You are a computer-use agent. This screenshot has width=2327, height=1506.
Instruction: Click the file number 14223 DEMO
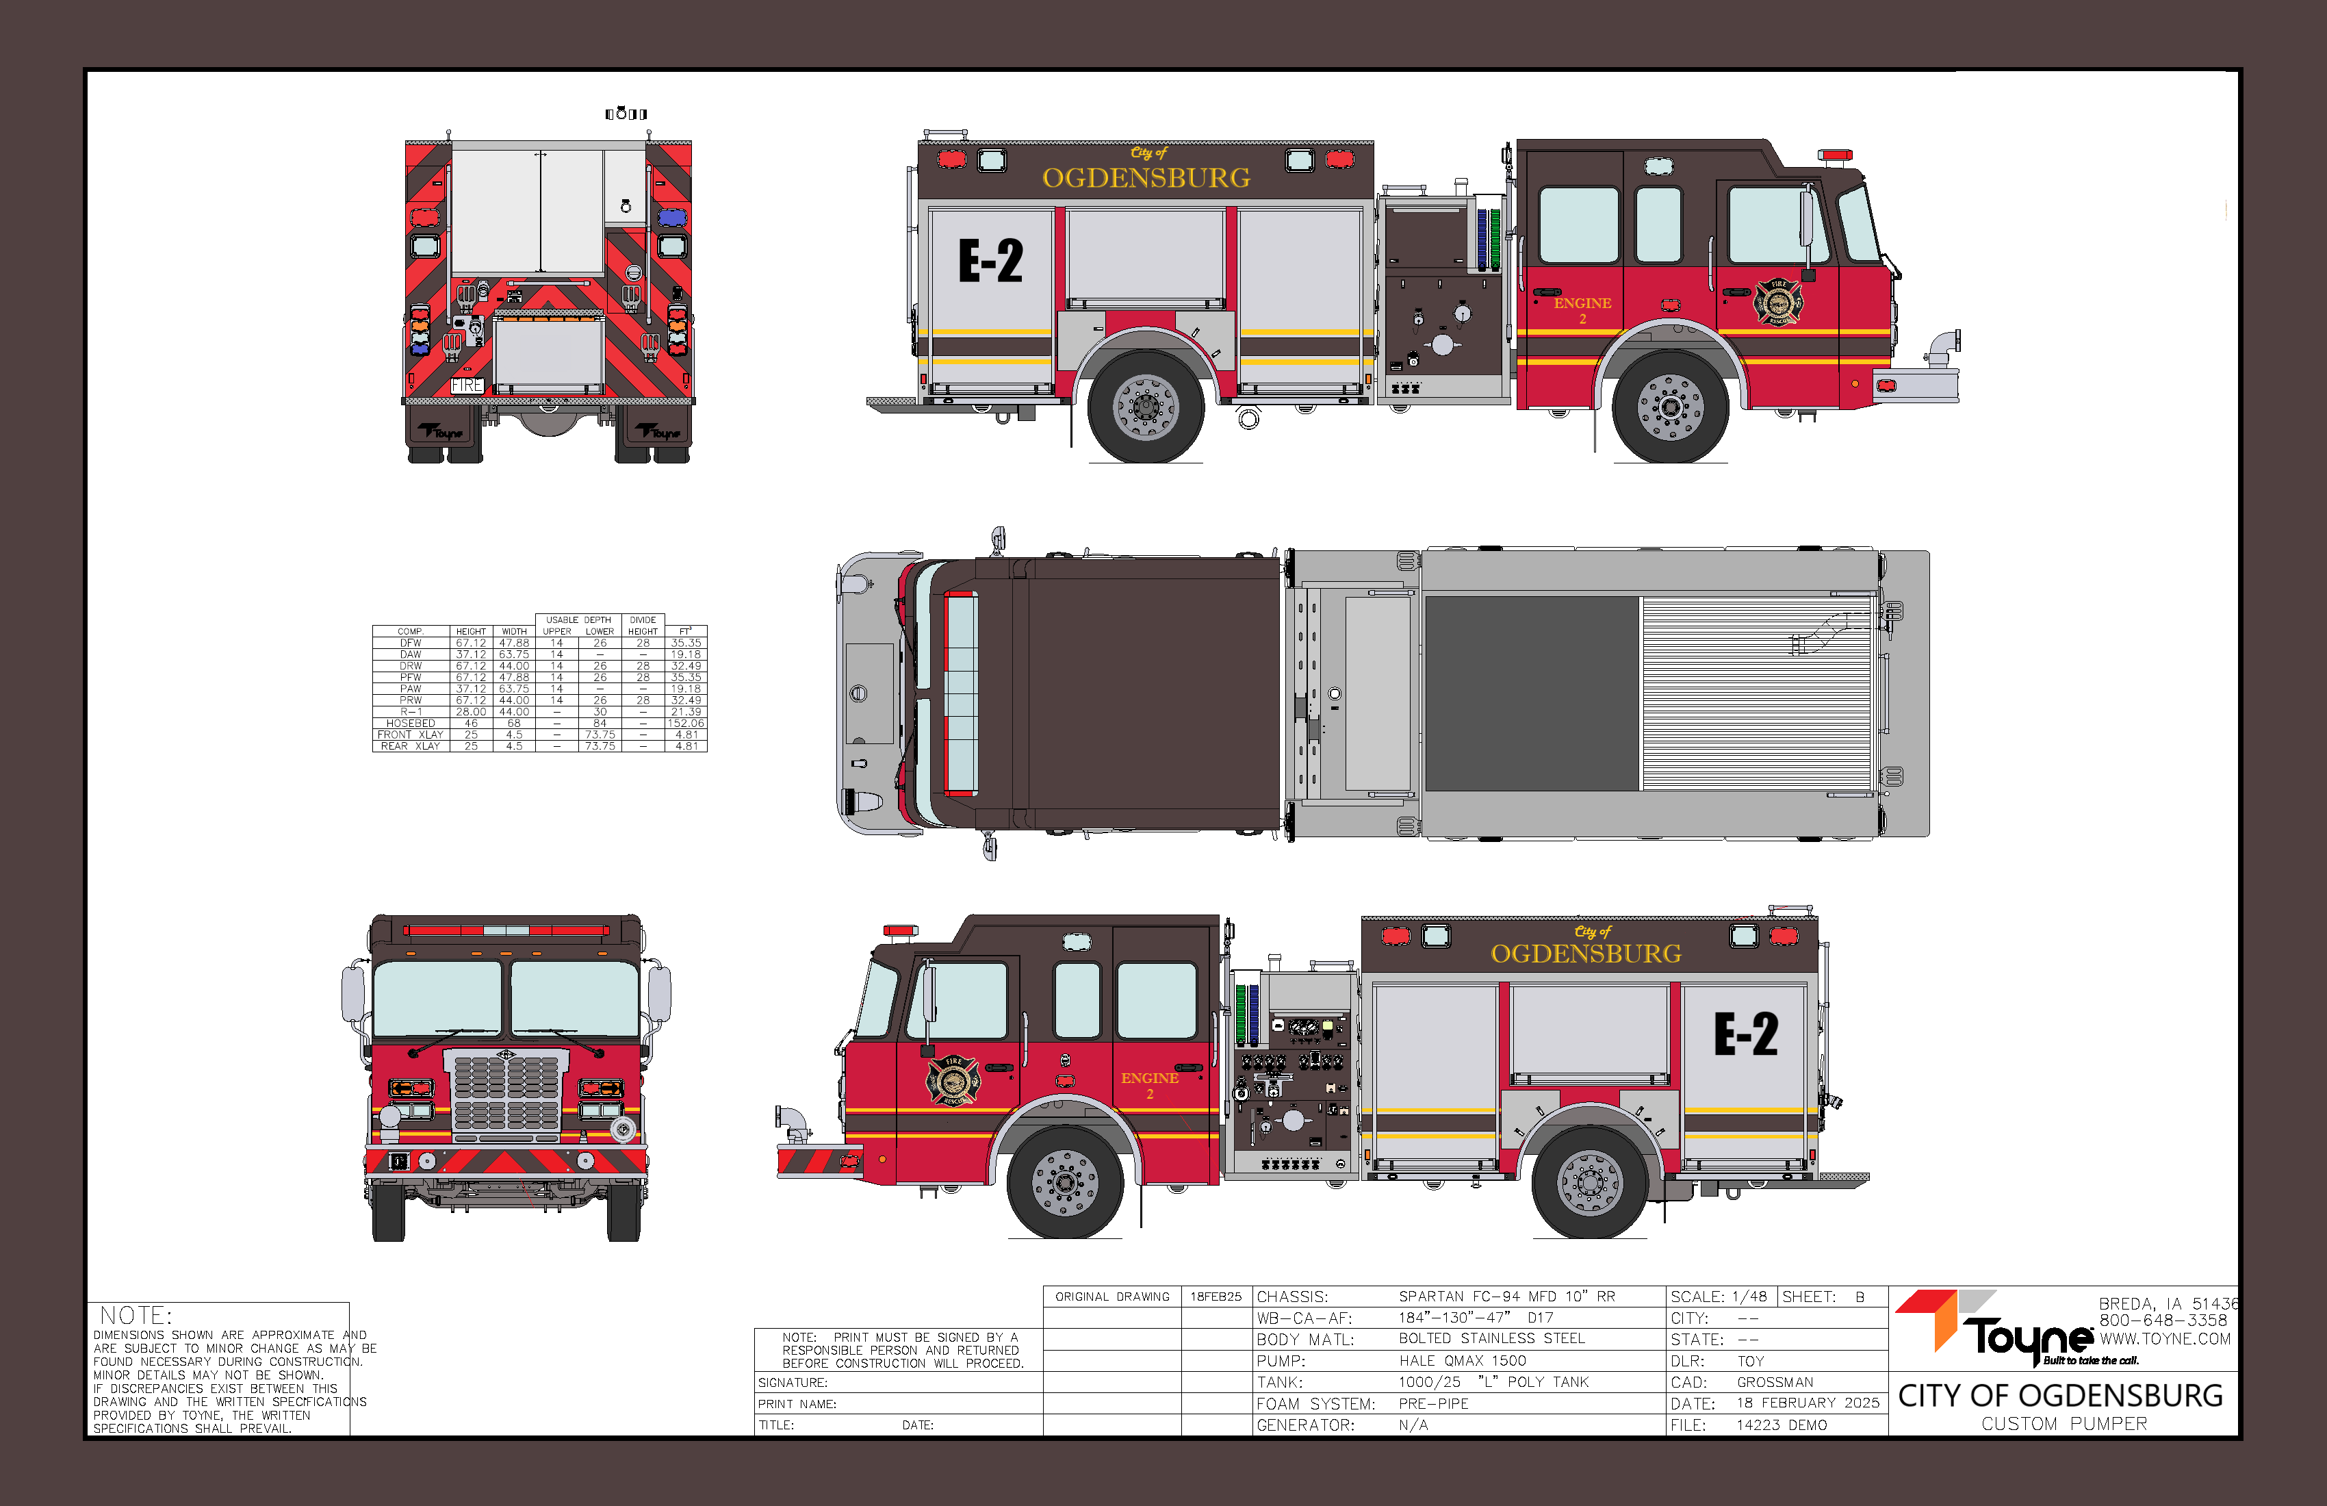pyautogui.click(x=1782, y=1425)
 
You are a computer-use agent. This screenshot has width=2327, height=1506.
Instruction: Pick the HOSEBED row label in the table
pyautogui.click(x=411, y=724)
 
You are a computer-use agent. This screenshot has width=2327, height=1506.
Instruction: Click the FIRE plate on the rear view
pyautogui.click(x=467, y=385)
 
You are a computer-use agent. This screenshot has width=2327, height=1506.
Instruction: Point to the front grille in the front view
pyautogui.click(x=506, y=1093)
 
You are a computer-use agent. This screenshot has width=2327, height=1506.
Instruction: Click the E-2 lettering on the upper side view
pyautogui.click(x=990, y=261)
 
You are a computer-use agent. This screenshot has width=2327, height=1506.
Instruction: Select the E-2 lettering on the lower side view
pyautogui.click(x=1746, y=1034)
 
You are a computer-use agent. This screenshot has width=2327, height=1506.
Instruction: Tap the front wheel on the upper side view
pyautogui.click(x=1670, y=406)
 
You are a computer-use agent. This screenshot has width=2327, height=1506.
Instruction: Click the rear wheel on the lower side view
pyautogui.click(x=1590, y=1184)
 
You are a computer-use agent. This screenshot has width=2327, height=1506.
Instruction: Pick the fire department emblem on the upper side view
pyautogui.click(x=1777, y=301)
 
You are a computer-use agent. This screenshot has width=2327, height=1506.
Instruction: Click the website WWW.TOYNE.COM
pyautogui.click(x=2165, y=1339)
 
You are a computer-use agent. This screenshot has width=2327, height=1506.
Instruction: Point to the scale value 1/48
pyautogui.click(x=1749, y=1297)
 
